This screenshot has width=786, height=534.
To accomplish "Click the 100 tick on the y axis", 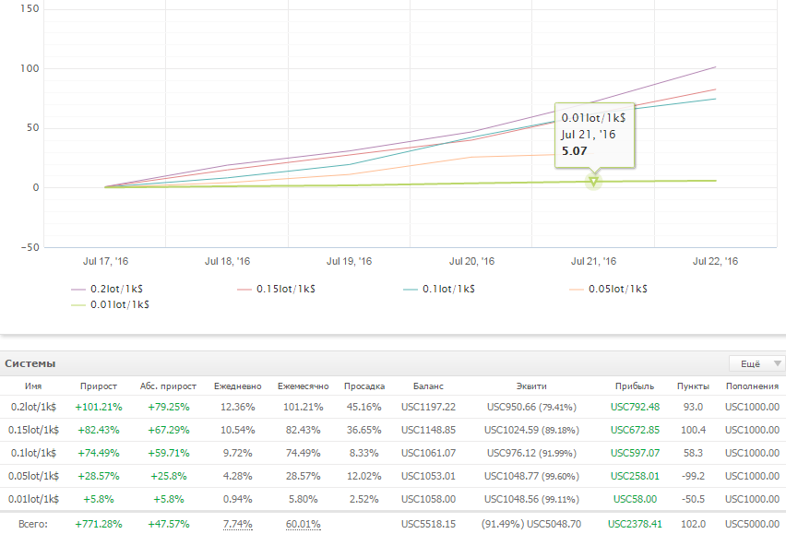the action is [30, 68].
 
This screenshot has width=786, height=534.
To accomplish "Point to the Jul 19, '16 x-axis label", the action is [350, 262].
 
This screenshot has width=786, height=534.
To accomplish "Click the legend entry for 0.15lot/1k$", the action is [276, 289].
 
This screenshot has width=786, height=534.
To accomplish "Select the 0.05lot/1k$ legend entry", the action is [608, 289].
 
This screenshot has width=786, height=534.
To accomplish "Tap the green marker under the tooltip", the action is [593, 182].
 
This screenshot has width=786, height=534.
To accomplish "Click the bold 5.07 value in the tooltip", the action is [574, 150].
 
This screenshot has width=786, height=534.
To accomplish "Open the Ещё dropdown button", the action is [756, 363].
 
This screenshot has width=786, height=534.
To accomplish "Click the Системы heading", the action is [30, 363].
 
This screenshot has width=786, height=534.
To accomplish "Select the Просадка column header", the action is [364, 386].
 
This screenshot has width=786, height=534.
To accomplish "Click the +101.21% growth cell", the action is [99, 408].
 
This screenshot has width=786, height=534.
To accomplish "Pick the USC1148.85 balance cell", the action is [429, 431].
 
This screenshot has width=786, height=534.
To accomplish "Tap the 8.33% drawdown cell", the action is [363, 454].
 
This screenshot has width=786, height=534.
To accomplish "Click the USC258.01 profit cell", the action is [635, 477].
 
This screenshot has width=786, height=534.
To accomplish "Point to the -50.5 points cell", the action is [693, 500].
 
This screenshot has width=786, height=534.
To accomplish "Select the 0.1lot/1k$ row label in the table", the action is [33, 454].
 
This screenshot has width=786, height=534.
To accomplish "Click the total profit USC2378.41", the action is [635, 525].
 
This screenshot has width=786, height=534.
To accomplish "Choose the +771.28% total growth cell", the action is [99, 525].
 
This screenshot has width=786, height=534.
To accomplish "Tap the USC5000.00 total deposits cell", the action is [753, 525].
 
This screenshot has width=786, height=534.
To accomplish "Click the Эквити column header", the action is [531, 386].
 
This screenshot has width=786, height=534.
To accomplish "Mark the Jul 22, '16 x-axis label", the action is [715, 262].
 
